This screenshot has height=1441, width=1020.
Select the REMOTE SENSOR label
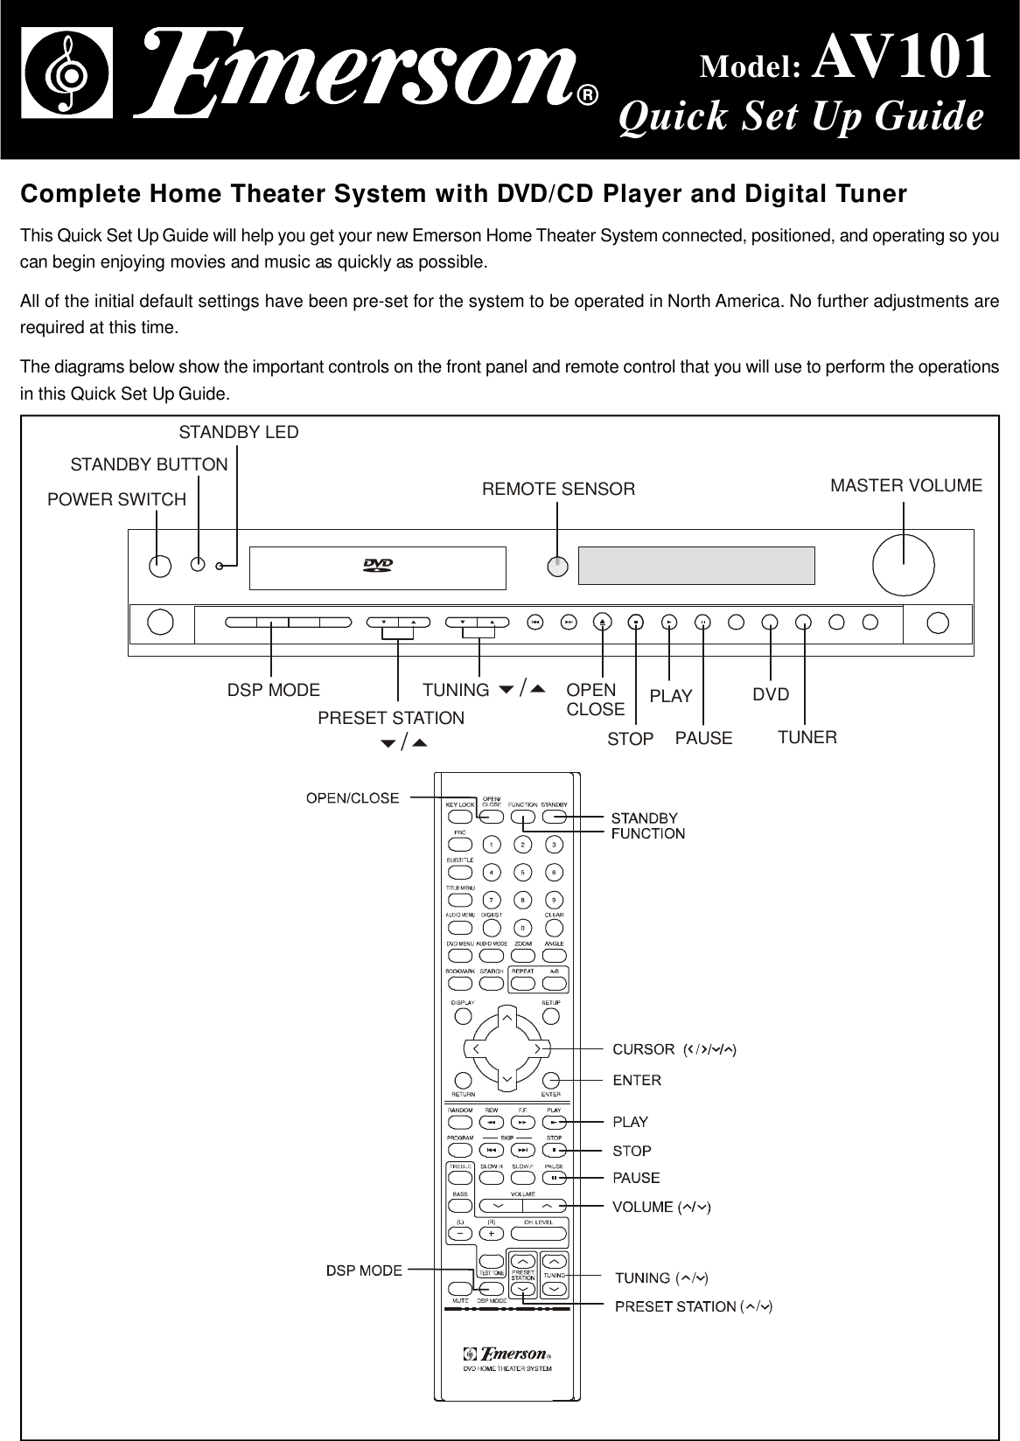[559, 489]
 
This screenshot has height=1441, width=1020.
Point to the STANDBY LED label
[238, 432]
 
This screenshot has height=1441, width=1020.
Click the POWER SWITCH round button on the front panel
[159, 566]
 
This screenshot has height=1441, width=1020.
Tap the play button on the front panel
[669, 623]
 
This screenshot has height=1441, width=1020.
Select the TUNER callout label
[807, 737]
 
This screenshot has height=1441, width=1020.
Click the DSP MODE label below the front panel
[274, 690]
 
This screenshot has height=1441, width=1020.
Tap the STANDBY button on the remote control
[554, 818]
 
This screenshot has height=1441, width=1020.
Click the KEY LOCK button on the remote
[459, 818]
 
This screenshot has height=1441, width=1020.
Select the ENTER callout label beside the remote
[637, 1080]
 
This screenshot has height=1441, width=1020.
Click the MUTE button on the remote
[459, 1288]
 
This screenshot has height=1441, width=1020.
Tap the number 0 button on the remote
[522, 928]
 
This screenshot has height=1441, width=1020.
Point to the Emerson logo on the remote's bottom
[507, 1356]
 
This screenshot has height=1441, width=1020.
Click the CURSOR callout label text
[643, 1048]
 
